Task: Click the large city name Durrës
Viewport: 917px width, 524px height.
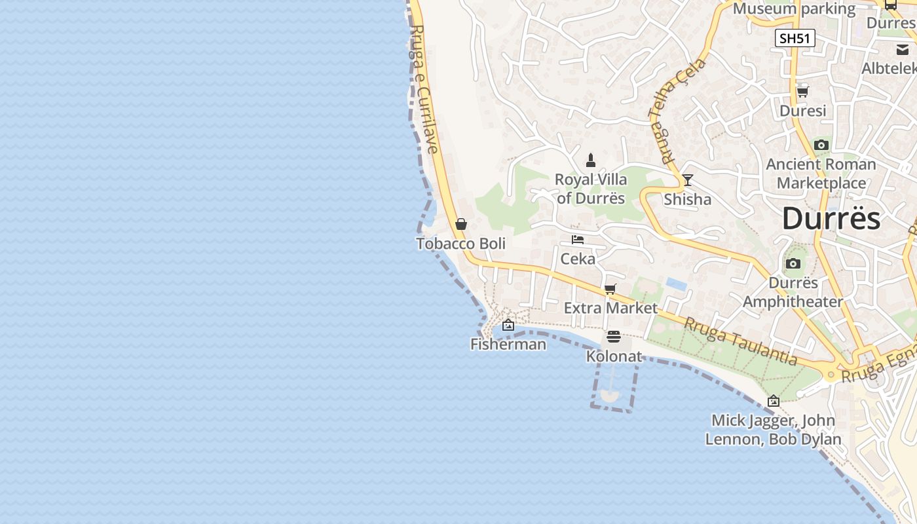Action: click(831, 218)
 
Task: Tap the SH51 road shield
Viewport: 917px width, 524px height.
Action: click(795, 39)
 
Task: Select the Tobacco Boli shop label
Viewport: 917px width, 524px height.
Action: click(460, 244)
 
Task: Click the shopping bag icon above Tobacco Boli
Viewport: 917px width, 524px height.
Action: click(461, 224)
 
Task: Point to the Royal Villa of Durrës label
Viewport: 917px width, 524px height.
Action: click(591, 189)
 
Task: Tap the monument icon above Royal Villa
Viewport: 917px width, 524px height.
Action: click(591, 160)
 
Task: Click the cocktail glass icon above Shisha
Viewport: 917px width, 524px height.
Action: click(688, 180)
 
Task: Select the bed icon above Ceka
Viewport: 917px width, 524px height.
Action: click(578, 240)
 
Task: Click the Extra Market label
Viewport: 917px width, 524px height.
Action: click(610, 308)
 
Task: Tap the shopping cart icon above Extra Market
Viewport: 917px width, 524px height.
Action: click(610, 289)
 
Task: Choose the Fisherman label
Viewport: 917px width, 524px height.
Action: click(508, 344)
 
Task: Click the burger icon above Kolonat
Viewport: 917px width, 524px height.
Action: click(614, 337)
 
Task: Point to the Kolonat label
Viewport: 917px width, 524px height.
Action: click(614, 356)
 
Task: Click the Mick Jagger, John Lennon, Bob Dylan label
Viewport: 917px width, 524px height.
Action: click(773, 430)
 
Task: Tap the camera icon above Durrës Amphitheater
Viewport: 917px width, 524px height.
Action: click(793, 264)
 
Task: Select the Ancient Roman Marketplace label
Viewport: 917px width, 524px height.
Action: click(821, 174)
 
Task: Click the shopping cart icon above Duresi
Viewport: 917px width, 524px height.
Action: click(802, 92)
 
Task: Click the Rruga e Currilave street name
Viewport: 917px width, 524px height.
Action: click(425, 88)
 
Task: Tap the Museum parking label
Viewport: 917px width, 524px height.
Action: click(794, 9)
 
